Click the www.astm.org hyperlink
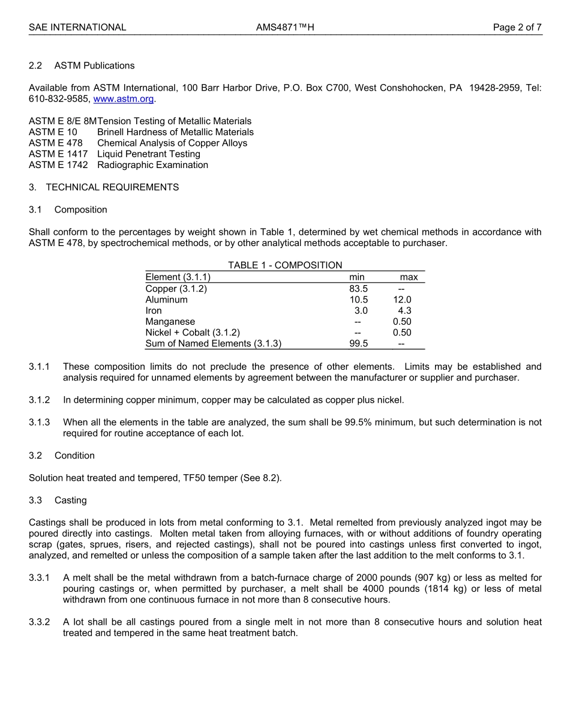pos(124,99)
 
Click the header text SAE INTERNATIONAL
pos(77,27)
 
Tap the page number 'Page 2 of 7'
pos(517,27)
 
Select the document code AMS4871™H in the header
pos(285,27)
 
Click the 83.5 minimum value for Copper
pos(358,289)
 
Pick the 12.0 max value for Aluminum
pos(402,299)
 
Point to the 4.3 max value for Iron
pos(404,311)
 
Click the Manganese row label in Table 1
pos(170,322)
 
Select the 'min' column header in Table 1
pos(357,277)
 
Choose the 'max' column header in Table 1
pos(409,277)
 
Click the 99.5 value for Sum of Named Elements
pos(358,344)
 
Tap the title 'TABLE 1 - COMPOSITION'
pos(285,265)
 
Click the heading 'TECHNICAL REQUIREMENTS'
pos(112,187)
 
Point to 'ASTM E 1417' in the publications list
pos(58,154)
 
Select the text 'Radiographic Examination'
pos(152,165)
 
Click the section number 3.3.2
pos(40,622)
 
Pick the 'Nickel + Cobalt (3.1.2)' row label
pos(193,332)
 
